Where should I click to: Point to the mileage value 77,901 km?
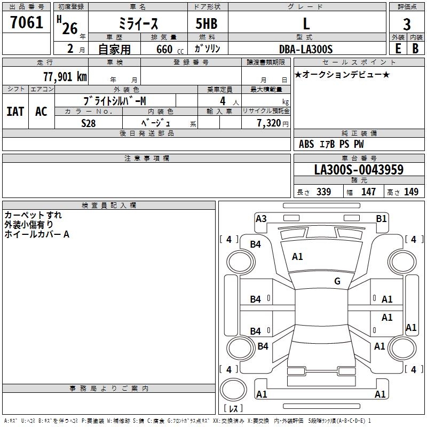tap(65, 76)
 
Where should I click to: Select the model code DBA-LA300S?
tap(306, 49)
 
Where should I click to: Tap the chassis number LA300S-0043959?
tap(359, 170)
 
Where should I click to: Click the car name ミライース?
tap(138, 24)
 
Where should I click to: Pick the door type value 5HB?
tap(207, 24)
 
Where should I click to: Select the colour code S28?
tap(89, 123)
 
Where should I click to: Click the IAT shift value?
tap(15, 112)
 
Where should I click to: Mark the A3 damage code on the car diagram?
tap(261, 218)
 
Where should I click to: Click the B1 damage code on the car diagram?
tap(381, 218)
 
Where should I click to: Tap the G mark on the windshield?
tap(337, 281)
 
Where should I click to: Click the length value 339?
tap(323, 192)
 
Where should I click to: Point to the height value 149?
tap(411, 192)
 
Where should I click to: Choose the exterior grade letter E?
tap(398, 49)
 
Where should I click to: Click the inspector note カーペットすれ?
tap(33, 215)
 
